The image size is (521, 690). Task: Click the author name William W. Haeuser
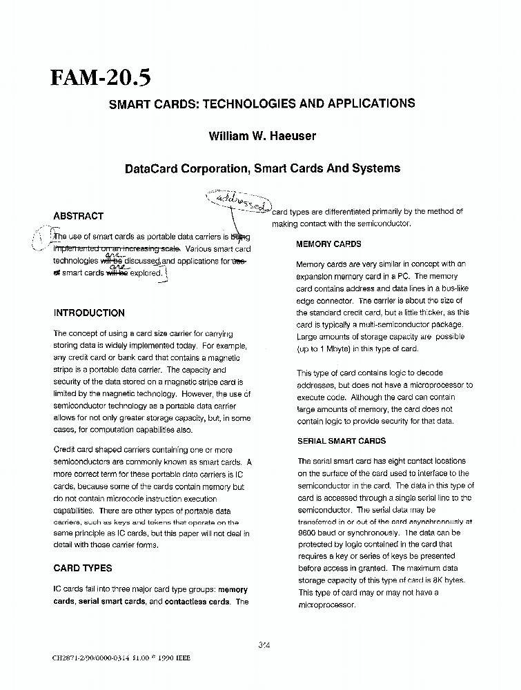point(262,136)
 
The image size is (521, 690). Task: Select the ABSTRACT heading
point(78,216)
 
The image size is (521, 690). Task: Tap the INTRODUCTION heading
point(89,313)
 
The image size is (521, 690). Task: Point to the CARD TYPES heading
point(82,568)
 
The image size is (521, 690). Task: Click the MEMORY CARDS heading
point(328,244)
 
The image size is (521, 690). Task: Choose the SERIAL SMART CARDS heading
point(342,441)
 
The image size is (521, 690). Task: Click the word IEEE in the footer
point(181,658)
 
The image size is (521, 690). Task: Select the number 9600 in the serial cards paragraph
point(308,533)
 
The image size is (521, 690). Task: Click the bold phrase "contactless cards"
point(198,602)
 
